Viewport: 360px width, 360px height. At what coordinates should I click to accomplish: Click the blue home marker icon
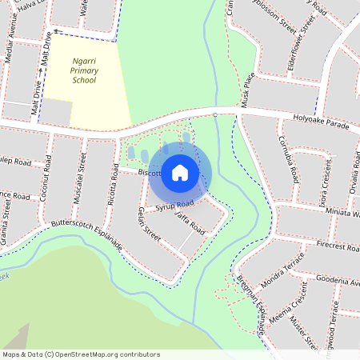click(180, 172)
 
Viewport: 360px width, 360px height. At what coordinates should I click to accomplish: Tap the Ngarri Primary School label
click(73, 70)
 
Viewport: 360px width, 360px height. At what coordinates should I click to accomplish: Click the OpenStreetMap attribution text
click(81, 354)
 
